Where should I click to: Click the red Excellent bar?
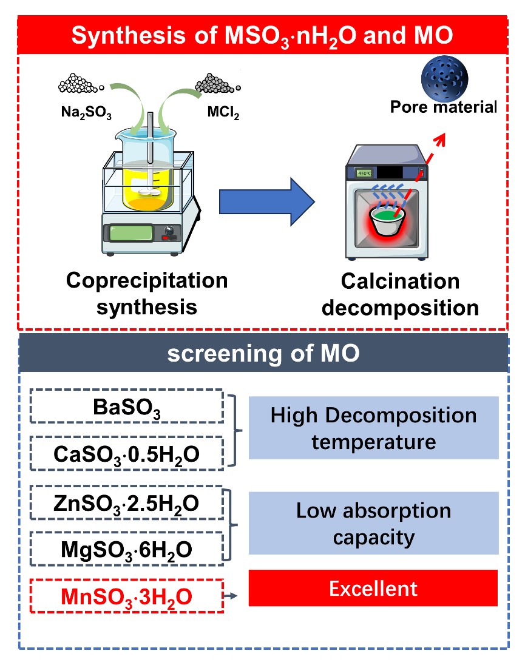(373, 588)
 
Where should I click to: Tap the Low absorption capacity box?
(373, 523)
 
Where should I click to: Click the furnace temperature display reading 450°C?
(365, 172)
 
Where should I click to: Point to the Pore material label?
(443, 107)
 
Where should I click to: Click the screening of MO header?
(263, 354)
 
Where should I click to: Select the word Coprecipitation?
(147, 280)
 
